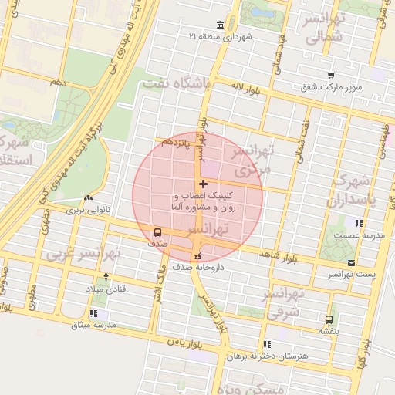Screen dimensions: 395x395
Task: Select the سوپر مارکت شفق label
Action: click(331, 88)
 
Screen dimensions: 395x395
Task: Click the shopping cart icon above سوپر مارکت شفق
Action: click(331, 76)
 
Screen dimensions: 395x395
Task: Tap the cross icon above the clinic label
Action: click(203, 184)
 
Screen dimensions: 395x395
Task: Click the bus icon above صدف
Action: click(158, 231)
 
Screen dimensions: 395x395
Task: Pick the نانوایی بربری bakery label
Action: click(87, 209)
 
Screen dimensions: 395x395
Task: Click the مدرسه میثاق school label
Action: click(93, 325)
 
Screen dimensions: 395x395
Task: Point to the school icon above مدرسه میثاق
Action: click(93, 313)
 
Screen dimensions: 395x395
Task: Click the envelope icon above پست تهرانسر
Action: click(339, 263)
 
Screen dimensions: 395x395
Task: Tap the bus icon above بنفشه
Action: click(329, 319)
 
